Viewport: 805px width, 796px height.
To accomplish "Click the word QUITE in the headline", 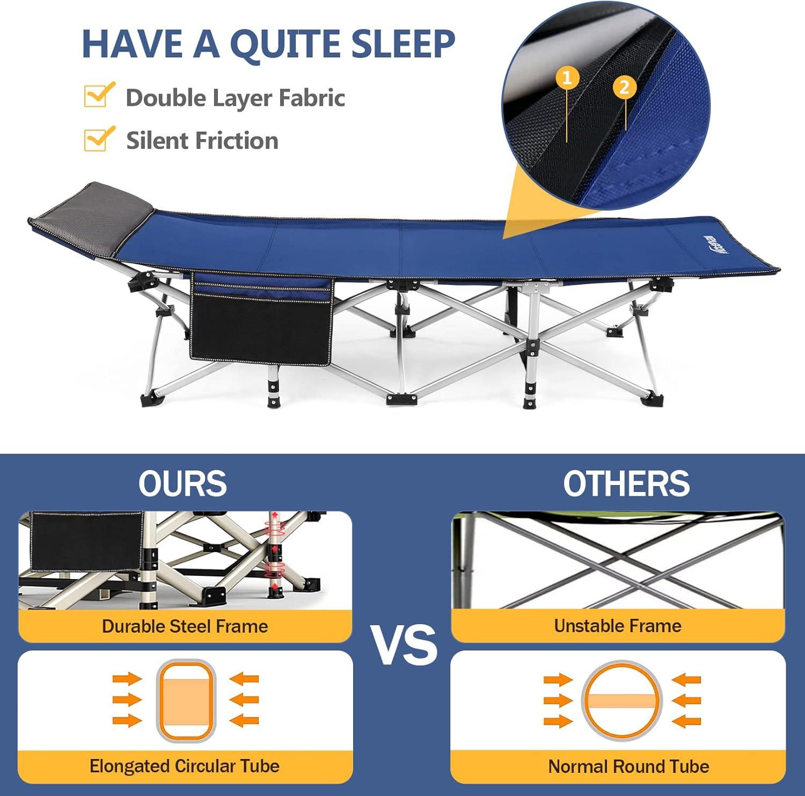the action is pyautogui.click(x=286, y=44).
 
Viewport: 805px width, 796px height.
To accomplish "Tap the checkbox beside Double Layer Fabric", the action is pyautogui.click(x=99, y=95).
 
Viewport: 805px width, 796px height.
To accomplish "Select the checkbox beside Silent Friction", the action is pyautogui.click(x=99, y=139).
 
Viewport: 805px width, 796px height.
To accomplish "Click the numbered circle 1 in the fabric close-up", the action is pyautogui.click(x=567, y=78).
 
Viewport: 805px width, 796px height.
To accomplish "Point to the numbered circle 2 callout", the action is pyautogui.click(x=624, y=87).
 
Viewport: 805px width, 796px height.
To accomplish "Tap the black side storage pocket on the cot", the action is pyautogui.click(x=261, y=318).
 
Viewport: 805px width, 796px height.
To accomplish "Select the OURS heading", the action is pyautogui.click(x=183, y=483).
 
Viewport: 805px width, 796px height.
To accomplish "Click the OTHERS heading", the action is pyautogui.click(x=626, y=483).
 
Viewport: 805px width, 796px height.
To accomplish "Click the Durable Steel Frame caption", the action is pyautogui.click(x=185, y=626).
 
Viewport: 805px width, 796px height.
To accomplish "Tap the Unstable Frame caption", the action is pyautogui.click(x=618, y=626).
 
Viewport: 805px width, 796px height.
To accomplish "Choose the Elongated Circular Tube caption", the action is pyautogui.click(x=185, y=766).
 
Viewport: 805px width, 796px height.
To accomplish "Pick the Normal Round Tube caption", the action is pyautogui.click(x=628, y=766).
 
